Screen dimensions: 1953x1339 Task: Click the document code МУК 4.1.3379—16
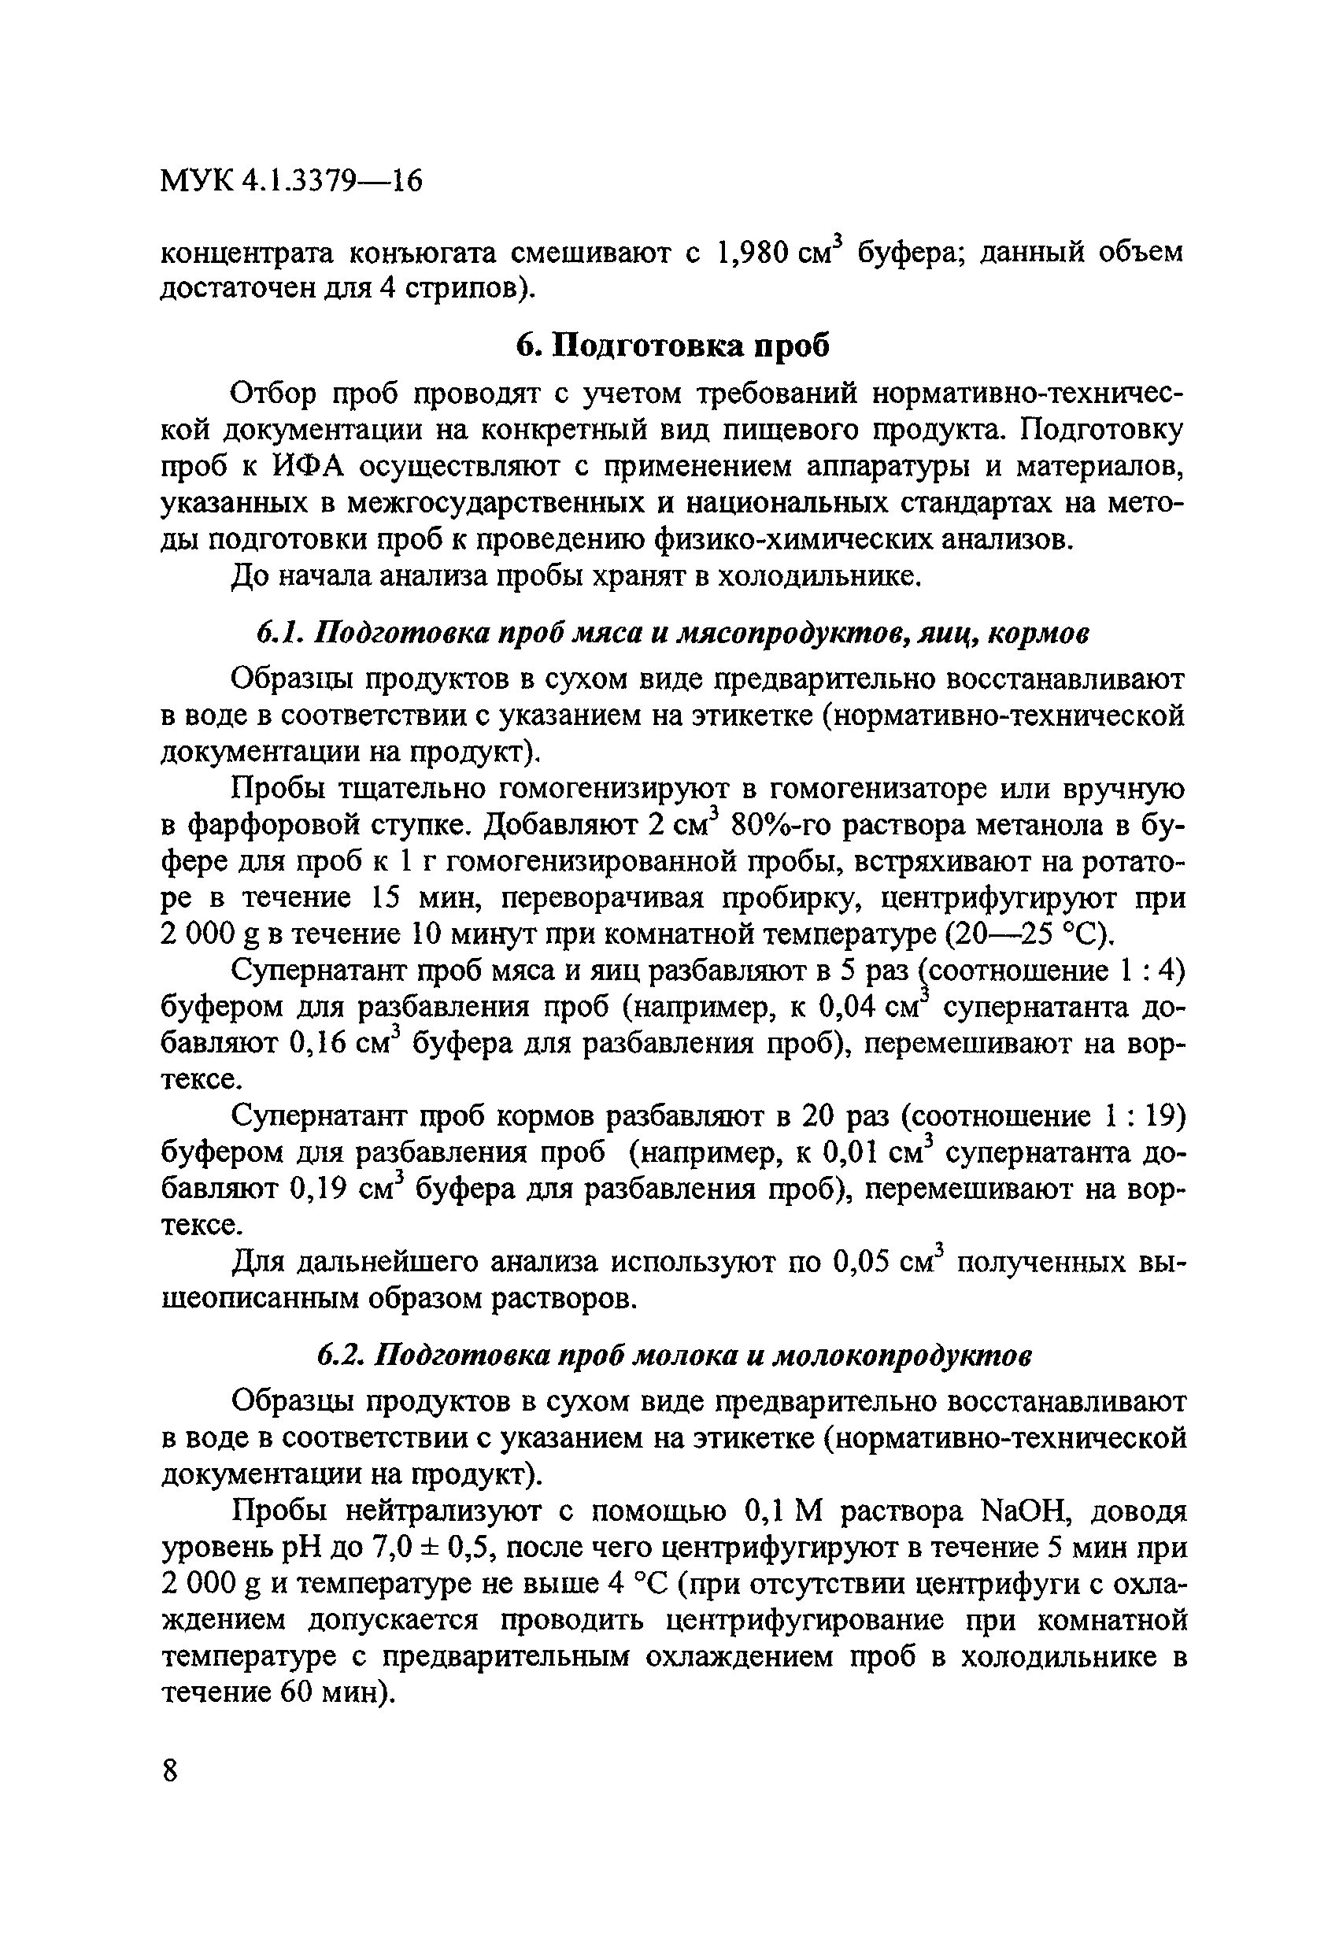tap(290, 181)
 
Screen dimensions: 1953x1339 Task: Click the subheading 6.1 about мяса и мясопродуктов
tap(672, 633)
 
